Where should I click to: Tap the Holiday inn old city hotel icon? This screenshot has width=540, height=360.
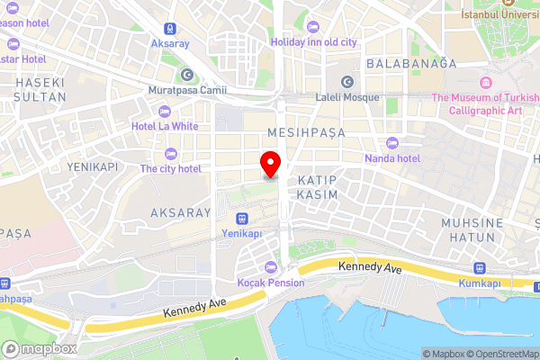pos(312,27)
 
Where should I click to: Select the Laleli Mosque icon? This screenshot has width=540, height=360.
pos(346,81)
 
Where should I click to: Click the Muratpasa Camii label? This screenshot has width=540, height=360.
pos(187,90)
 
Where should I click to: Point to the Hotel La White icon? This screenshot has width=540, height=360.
pos(163,111)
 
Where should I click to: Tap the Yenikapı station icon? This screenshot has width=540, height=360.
pos(241,218)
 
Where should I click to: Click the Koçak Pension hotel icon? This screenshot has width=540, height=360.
pos(271,266)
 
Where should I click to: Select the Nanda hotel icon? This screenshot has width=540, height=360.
pos(391,143)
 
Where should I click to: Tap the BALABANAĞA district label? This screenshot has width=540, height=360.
pos(411,63)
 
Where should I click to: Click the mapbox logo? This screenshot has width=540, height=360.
pos(38,348)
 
